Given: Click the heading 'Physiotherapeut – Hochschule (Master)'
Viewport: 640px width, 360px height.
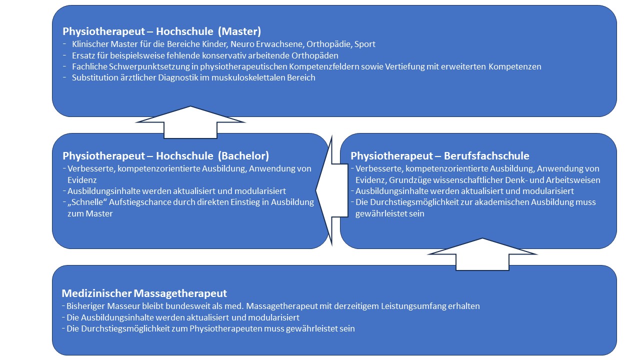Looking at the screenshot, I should point(161,31).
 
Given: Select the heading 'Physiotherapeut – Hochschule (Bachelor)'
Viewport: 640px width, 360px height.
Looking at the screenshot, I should point(166,155).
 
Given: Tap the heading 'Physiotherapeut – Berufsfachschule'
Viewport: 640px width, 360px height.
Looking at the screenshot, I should point(439,155).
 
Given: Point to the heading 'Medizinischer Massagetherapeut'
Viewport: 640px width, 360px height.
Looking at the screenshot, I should point(144,293).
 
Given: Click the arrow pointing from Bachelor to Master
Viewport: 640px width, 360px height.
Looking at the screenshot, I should point(190,122).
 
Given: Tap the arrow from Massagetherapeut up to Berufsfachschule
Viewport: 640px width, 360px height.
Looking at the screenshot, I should point(482,253).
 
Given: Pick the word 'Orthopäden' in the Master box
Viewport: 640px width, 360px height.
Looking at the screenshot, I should point(316,55).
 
